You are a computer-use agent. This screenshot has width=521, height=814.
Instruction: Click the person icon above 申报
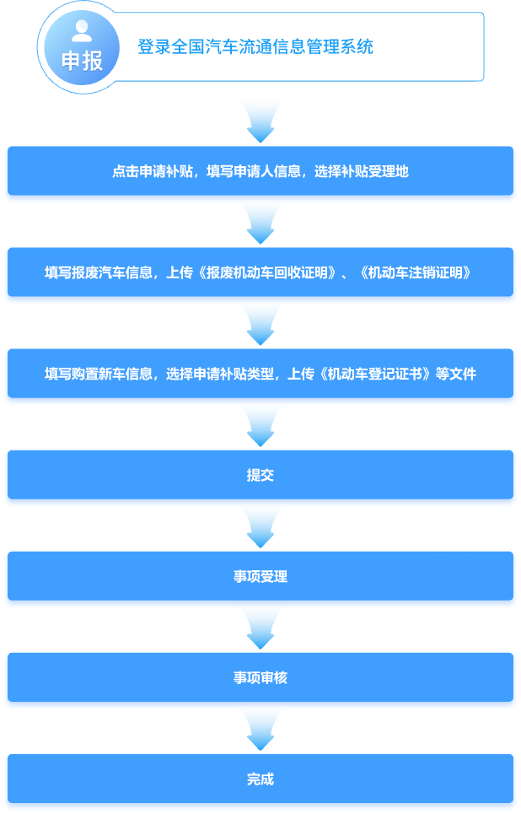tap(82, 31)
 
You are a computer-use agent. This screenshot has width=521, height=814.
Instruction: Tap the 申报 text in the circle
tap(82, 62)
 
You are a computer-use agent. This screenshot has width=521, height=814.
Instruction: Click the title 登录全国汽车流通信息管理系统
tap(255, 46)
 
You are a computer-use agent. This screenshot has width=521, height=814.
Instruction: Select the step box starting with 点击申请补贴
tap(260, 170)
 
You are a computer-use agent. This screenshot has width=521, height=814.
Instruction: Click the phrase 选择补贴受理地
tap(362, 171)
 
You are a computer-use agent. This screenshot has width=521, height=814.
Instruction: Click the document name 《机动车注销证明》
tap(415, 272)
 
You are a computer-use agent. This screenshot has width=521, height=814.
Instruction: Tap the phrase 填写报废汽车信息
tap(98, 272)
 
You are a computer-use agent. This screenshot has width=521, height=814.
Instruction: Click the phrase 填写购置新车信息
tap(98, 374)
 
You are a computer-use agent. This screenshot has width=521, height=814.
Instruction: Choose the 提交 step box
tap(260, 475)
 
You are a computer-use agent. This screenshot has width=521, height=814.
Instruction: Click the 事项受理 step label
tap(260, 576)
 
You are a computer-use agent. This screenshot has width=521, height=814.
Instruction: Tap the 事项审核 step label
tap(260, 677)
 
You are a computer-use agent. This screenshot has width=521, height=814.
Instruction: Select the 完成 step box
tap(260, 779)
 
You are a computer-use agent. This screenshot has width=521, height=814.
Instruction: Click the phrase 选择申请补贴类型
tap(220, 374)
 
